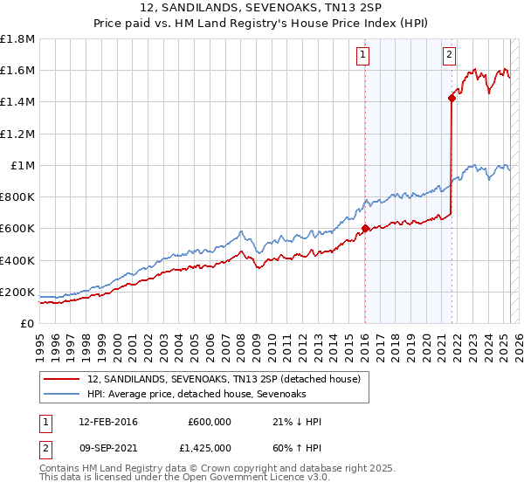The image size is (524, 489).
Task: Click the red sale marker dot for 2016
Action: pyautogui.click(x=365, y=229)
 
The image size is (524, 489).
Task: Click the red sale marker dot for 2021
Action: pyautogui.click(x=452, y=98)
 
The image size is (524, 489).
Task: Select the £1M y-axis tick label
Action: pyautogui.click(x=23, y=166)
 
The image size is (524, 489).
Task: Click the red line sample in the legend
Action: pyautogui.click(x=61, y=379)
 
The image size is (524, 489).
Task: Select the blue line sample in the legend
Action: pyautogui.click(x=61, y=395)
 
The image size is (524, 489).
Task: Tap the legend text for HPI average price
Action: pyautogui.click(x=196, y=395)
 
